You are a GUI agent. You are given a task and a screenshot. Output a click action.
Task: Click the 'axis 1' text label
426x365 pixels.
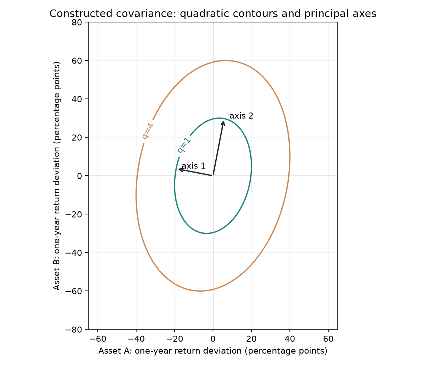pyautogui.click(x=193, y=166)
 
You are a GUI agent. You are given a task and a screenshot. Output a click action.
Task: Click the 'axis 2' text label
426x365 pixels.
pyautogui.click(x=241, y=116)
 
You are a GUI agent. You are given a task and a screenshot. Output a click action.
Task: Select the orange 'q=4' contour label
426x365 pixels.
pyautogui.click(x=148, y=131)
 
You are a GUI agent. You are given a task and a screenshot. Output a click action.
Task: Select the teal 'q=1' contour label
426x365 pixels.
pyautogui.click(x=184, y=145)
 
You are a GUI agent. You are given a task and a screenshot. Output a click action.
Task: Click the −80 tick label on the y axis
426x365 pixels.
pyautogui.click(x=74, y=329)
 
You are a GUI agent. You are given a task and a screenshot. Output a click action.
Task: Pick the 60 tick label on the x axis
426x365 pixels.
pyautogui.click(x=328, y=339)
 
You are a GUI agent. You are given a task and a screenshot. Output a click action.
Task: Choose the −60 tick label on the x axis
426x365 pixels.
pyautogui.click(x=97, y=339)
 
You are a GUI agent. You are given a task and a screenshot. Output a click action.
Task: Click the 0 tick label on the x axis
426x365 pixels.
pyautogui.click(x=213, y=339)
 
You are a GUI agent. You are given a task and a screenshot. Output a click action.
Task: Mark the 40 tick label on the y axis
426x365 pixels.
pyautogui.click(x=77, y=99)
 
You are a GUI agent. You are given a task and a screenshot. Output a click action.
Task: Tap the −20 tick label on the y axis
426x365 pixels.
pyautogui.click(x=74, y=214)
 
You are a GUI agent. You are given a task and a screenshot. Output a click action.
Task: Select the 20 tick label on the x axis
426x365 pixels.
pyautogui.click(x=251, y=339)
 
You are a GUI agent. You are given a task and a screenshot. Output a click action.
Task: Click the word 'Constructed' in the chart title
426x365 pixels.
pyautogui.click(x=81, y=13)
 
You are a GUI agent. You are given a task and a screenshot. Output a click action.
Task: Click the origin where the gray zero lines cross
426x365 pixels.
pyautogui.click(x=213, y=176)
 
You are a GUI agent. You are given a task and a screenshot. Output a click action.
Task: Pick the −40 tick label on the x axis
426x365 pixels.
pyautogui.click(x=136, y=339)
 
